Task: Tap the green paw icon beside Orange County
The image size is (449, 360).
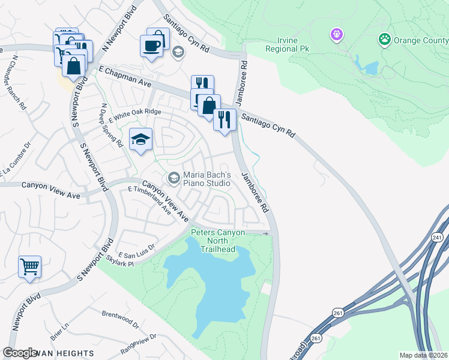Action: pos(384,40)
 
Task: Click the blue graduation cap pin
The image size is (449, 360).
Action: pos(140,140)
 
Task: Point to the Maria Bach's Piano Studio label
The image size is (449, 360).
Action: pos(207,178)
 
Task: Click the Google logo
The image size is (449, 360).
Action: pos(20,353)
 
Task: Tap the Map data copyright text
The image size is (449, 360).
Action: pos(423,355)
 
